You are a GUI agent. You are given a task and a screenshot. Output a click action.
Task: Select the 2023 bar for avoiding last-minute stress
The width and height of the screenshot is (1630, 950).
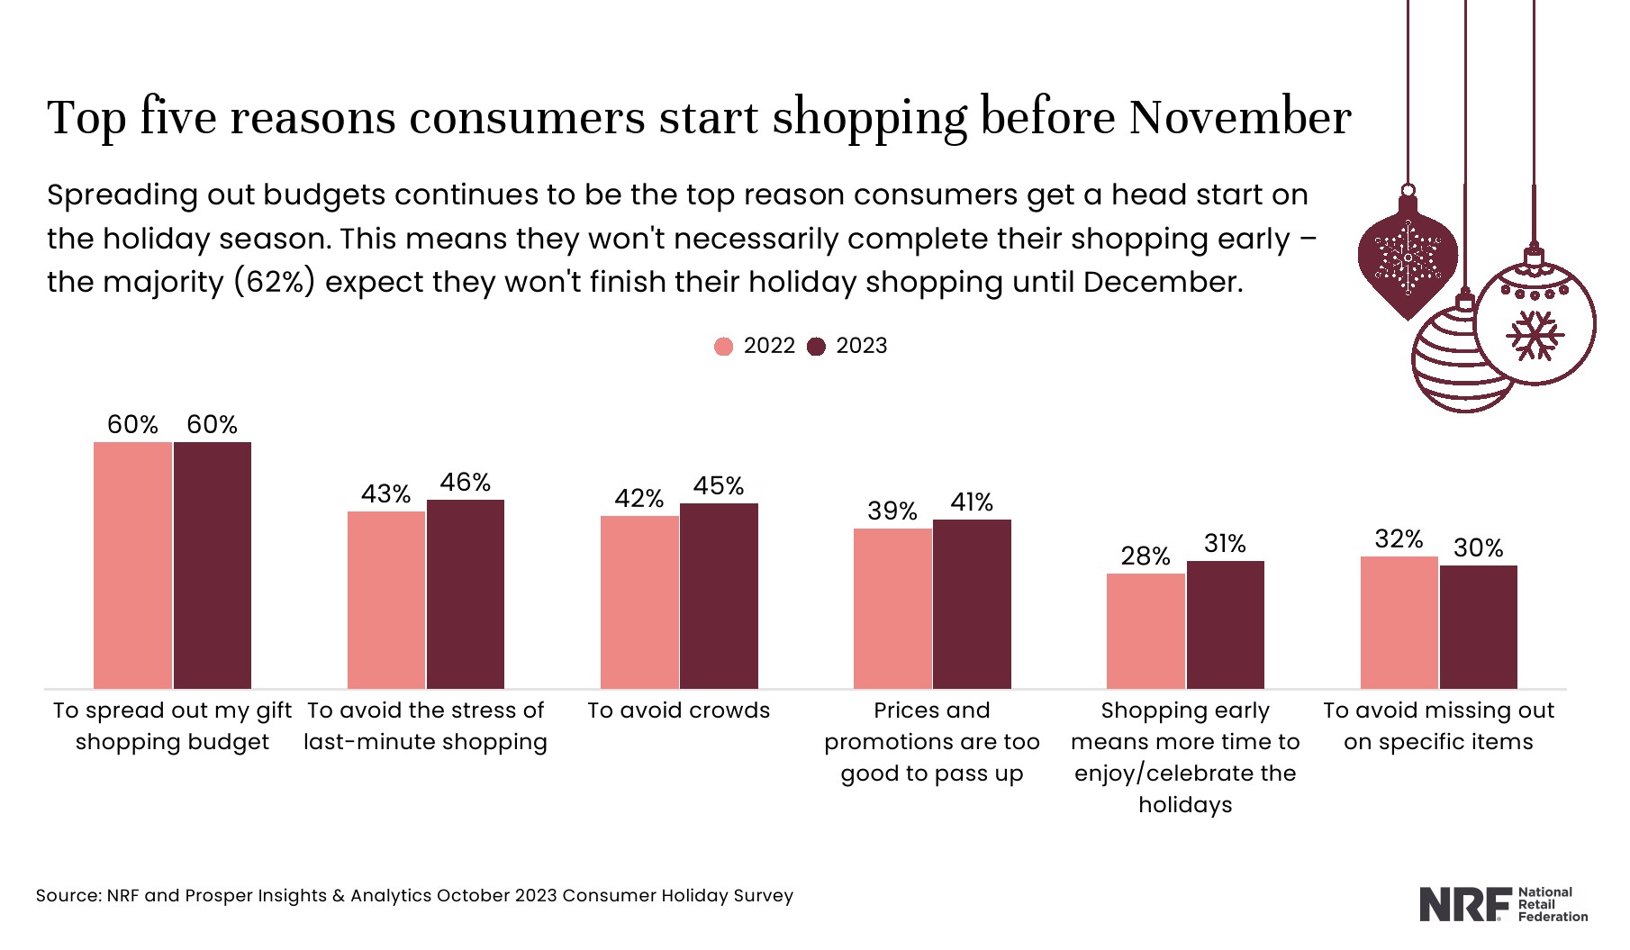point(466,593)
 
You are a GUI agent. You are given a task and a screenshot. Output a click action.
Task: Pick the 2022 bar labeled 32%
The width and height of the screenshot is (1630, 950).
point(1399,622)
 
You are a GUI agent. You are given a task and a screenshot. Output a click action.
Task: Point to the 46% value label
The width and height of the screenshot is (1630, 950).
point(466,483)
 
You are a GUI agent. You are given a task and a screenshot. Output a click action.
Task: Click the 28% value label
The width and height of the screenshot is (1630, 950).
point(1146,556)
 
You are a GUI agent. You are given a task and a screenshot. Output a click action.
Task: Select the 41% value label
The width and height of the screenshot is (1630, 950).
point(972,502)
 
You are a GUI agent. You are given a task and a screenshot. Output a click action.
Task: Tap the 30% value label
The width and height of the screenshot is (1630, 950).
point(1478,548)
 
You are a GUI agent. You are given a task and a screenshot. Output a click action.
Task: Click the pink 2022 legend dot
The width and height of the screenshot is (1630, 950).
point(723,347)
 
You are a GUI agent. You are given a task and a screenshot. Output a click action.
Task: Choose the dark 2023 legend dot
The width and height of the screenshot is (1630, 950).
point(816,347)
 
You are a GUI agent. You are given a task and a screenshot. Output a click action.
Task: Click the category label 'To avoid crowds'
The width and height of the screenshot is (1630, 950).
point(678,710)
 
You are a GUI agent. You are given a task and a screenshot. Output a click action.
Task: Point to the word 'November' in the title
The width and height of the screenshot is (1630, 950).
point(1239,118)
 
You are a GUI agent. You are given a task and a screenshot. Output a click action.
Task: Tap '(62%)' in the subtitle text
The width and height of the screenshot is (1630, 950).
point(275,282)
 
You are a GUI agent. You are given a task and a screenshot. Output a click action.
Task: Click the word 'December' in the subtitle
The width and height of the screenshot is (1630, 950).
point(1162,282)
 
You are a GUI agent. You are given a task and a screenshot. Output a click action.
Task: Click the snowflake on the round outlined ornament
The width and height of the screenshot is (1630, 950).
point(1535,335)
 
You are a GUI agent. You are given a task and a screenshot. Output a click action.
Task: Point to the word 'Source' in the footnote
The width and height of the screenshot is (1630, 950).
point(68,896)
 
